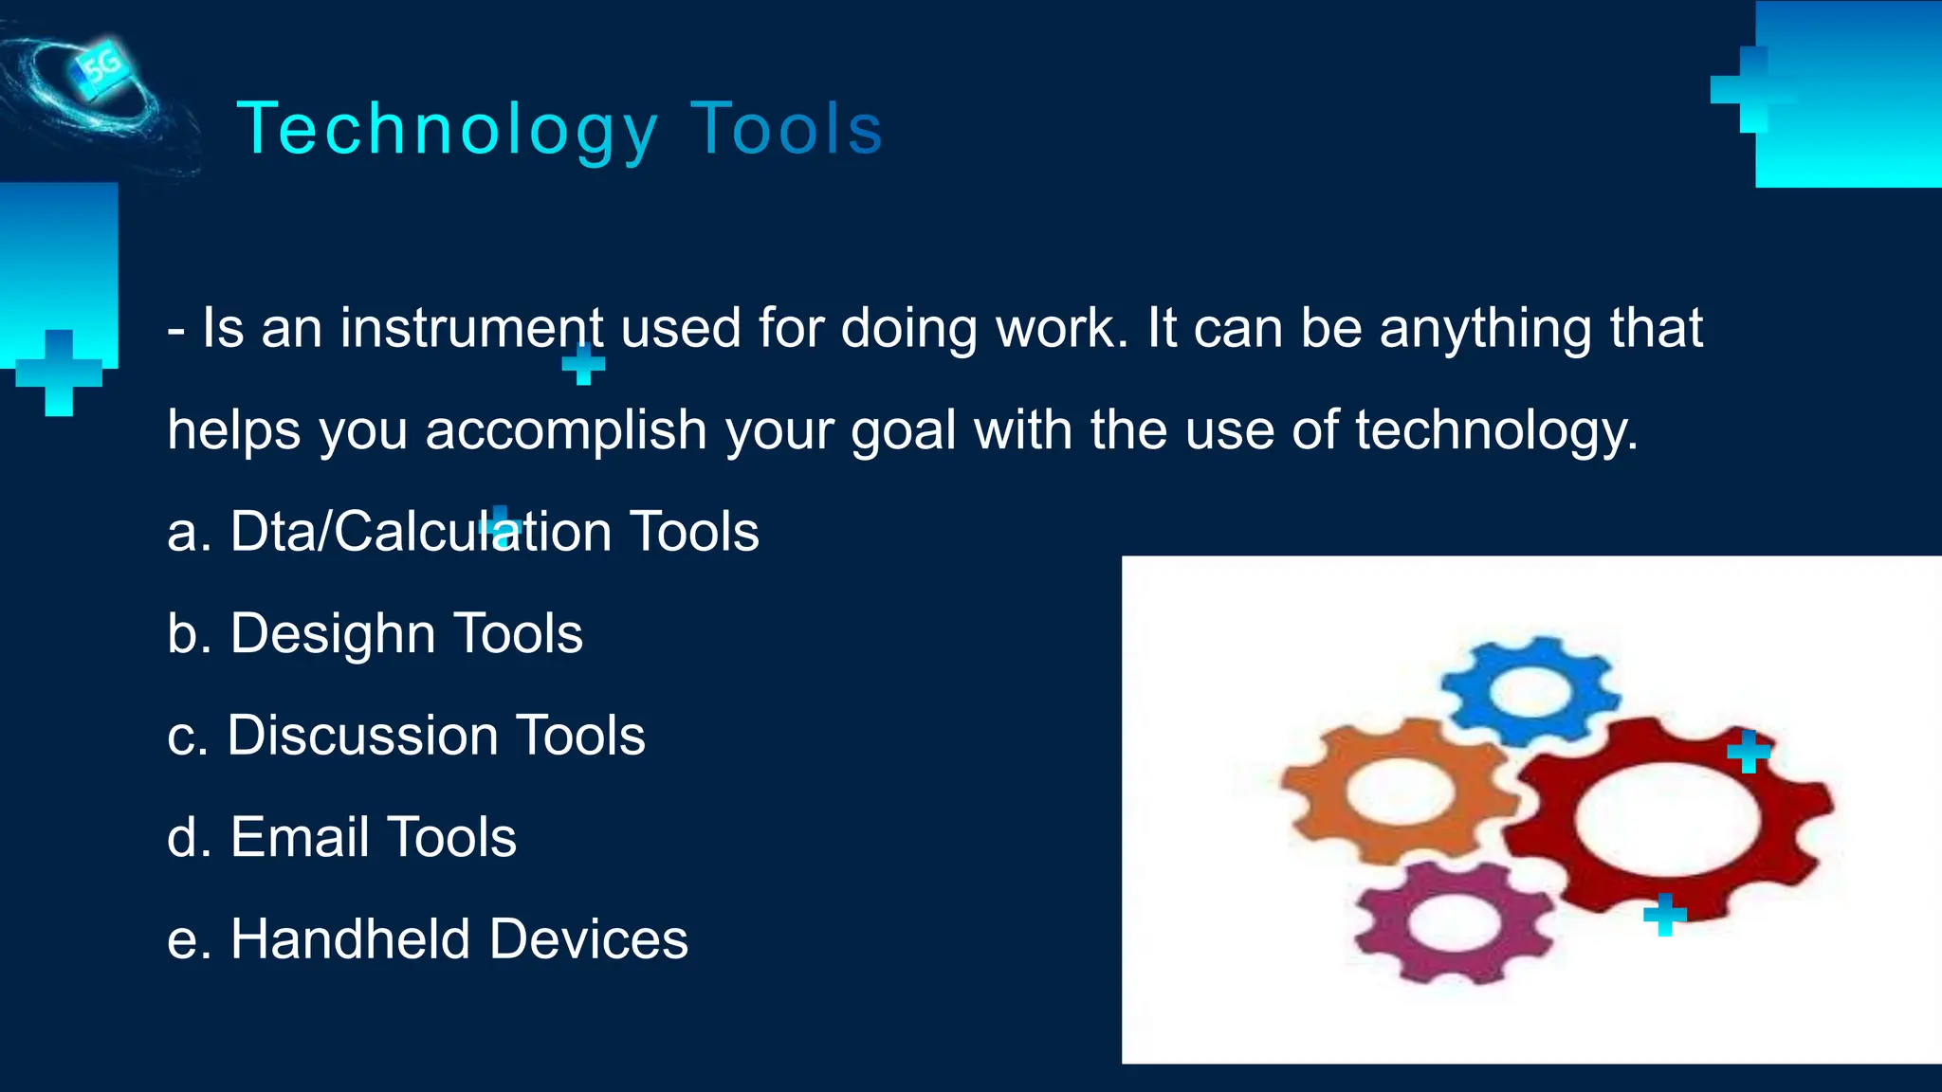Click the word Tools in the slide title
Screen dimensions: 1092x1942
tap(787, 130)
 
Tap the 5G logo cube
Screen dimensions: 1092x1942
tap(101, 67)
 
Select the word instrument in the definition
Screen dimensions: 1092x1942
tap(471, 328)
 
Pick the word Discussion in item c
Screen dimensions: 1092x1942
tap(362, 736)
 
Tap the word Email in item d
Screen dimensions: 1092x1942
tap(300, 837)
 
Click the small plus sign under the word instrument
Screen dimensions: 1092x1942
tap(583, 364)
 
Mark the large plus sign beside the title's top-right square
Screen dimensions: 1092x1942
tap(1753, 90)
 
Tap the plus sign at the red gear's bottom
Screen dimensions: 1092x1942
tap(1665, 915)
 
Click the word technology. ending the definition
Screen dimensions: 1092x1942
tap(1495, 430)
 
